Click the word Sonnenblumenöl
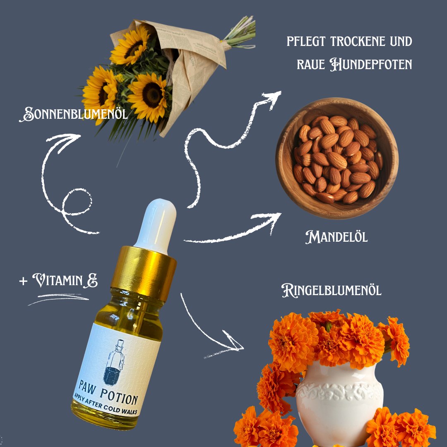(73, 114)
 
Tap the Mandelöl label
(336, 237)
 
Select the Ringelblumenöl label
(331, 291)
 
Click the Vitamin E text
(65, 281)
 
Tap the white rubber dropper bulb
(156, 225)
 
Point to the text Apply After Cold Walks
(105, 405)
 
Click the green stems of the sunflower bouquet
(240, 32)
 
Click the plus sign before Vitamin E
(23, 281)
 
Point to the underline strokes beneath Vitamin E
(58, 299)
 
